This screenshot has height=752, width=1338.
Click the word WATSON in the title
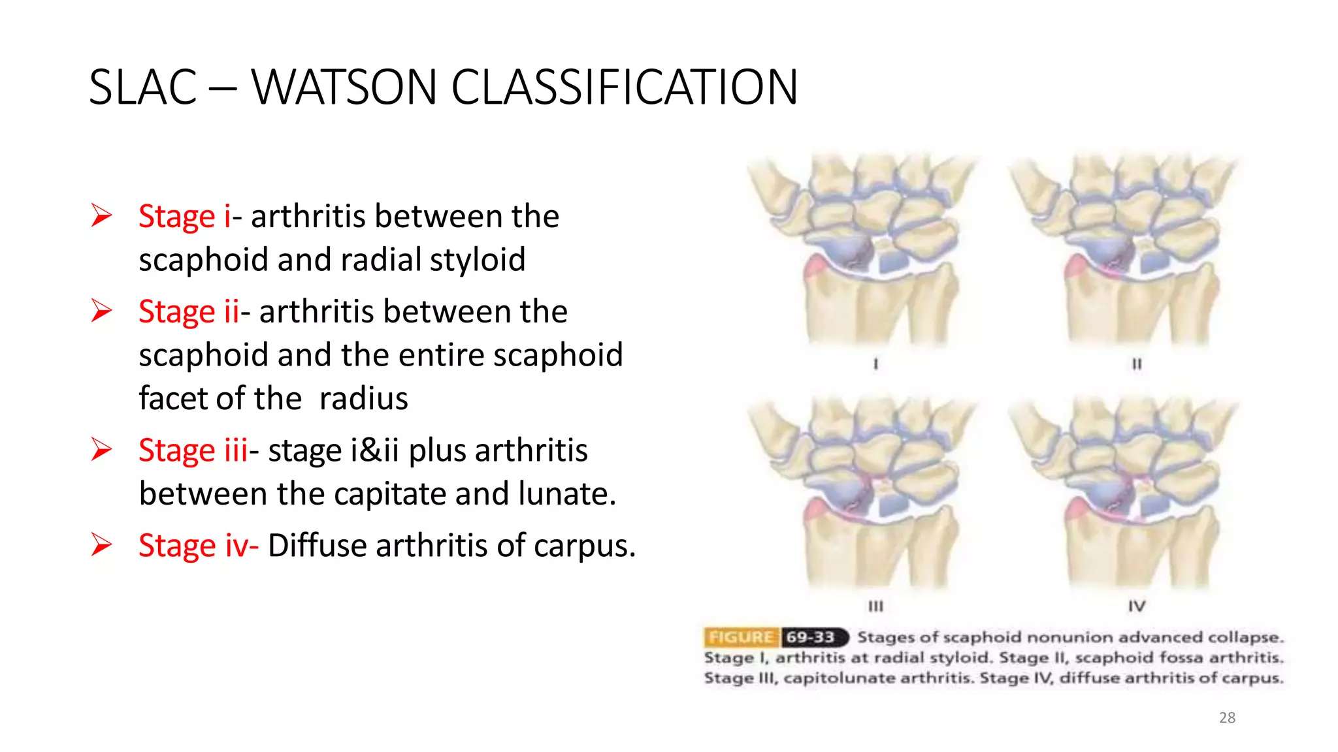(x=344, y=87)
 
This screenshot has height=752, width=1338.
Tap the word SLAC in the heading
(x=142, y=87)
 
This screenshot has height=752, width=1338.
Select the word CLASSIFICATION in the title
(x=624, y=87)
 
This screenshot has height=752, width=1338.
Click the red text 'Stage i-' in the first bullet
(x=186, y=216)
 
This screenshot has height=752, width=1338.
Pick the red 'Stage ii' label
(x=189, y=311)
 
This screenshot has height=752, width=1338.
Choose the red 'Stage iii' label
(x=193, y=450)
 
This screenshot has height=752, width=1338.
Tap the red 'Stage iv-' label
(x=198, y=546)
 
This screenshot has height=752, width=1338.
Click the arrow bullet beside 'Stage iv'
(x=102, y=544)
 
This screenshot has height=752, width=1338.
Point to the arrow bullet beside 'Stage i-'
(x=102, y=215)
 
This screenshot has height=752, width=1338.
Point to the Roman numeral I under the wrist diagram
(x=875, y=364)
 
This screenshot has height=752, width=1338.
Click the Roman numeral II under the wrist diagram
(x=1137, y=364)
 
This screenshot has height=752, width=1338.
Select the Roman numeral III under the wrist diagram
(x=875, y=606)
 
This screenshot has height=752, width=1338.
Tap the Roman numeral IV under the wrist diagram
(x=1137, y=606)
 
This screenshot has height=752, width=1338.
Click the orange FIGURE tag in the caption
(x=741, y=637)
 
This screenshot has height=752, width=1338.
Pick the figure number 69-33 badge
(x=812, y=637)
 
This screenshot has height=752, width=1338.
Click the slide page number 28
(x=1227, y=717)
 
